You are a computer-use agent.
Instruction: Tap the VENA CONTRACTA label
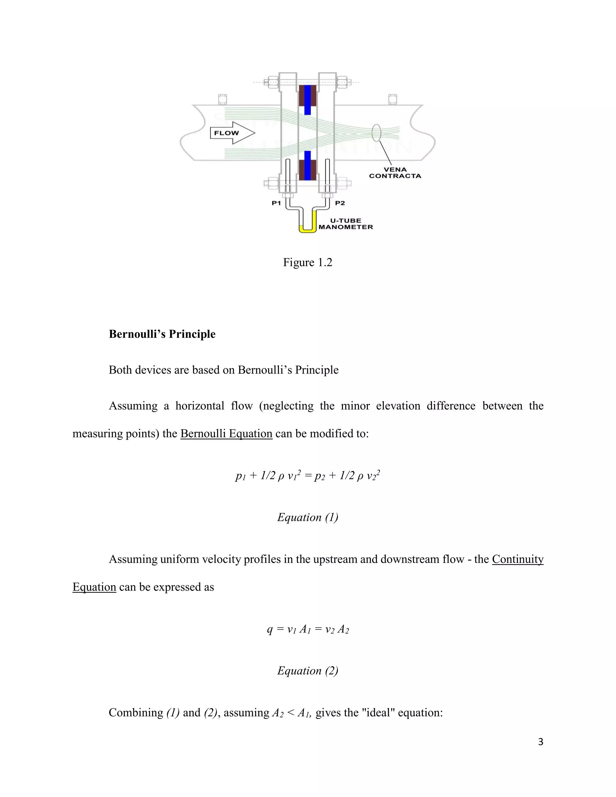coord(395,173)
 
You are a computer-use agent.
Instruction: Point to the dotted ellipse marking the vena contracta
coord(376,133)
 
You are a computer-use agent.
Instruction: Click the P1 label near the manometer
coord(276,203)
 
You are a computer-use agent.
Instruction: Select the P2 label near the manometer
coord(340,203)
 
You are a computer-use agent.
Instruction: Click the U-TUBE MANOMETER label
coord(346,224)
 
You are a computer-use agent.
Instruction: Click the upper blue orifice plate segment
coord(308,100)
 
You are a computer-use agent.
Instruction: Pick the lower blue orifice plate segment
coord(308,165)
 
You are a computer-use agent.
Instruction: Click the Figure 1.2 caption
coord(308,262)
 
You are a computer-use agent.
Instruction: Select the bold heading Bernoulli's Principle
coord(162,334)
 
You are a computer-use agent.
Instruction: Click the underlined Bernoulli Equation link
coord(226,433)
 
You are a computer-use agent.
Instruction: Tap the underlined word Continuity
coord(517,559)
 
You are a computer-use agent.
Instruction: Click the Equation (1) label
coord(308,517)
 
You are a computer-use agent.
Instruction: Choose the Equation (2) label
coord(308,670)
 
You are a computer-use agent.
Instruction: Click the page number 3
coord(541,742)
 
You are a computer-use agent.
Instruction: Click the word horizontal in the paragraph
coord(200,406)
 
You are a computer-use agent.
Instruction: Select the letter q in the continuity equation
coord(270,629)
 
